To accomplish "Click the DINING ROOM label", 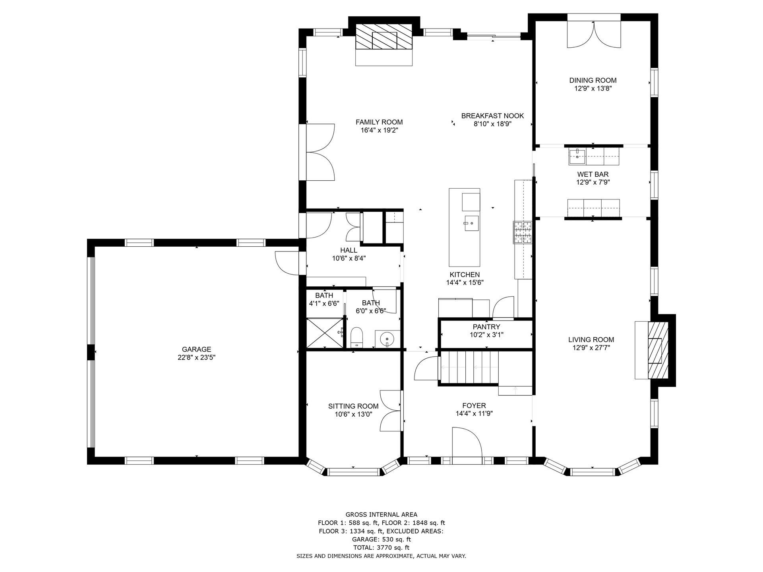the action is [593, 80].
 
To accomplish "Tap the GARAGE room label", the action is [196, 350].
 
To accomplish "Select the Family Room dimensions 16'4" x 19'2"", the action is [379, 130].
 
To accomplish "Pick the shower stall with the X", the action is [325, 332].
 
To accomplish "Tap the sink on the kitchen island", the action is [471, 224].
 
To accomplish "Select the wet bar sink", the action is [577, 156].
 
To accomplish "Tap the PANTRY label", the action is [486, 327].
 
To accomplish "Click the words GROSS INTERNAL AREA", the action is [381, 515].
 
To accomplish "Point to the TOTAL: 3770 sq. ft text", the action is [381, 547].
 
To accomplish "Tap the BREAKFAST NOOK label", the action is [492, 116].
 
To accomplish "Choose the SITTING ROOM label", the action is [353, 406].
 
